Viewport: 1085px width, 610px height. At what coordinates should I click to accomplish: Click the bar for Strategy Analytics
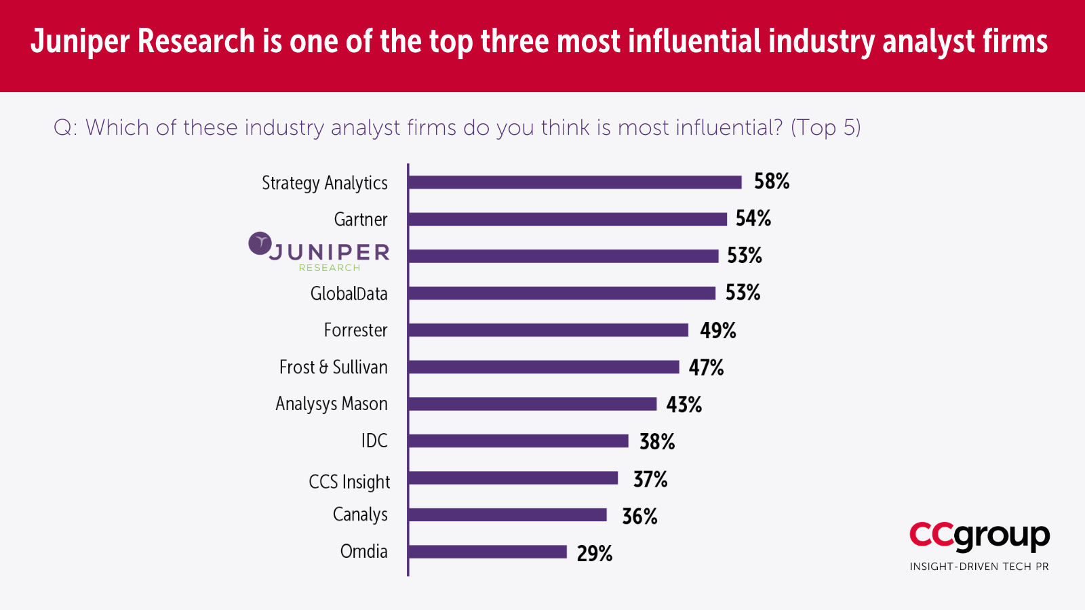point(575,182)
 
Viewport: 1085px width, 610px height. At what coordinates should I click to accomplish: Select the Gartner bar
point(568,219)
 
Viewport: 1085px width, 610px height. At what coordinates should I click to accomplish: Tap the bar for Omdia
point(488,552)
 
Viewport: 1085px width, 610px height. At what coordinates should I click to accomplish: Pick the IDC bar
point(519,441)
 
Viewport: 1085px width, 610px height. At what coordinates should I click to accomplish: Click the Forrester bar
point(549,330)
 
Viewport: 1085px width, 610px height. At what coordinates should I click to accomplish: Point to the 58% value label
point(772,182)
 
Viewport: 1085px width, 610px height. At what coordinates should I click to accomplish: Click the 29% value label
point(595,554)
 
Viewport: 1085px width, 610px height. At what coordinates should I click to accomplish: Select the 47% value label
point(706,367)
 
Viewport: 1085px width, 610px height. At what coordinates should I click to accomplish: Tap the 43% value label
point(684,405)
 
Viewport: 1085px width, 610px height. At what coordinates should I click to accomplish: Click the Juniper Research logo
point(319,253)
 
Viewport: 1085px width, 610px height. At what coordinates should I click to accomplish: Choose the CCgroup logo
point(979,536)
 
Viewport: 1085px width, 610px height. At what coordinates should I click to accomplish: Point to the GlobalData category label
point(349,293)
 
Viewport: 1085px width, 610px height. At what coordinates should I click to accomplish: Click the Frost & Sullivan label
point(333,367)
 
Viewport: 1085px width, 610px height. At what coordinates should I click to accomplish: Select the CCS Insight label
point(349,482)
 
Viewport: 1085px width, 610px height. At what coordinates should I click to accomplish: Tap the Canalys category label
point(360,515)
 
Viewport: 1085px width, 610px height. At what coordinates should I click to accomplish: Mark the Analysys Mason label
point(331,404)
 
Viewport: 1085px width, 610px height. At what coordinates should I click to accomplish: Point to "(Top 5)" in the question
point(825,127)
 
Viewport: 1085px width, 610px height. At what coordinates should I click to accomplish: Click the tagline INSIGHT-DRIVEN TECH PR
point(979,567)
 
